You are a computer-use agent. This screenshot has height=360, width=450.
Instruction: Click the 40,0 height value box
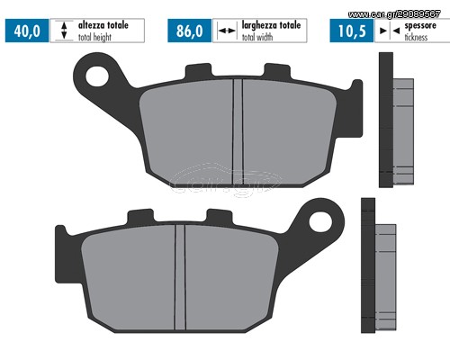click(27, 31)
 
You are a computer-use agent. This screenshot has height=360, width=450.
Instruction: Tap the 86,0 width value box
click(190, 31)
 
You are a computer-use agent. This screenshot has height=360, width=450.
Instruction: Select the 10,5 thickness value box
click(352, 31)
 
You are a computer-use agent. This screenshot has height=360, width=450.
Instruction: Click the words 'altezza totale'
click(103, 25)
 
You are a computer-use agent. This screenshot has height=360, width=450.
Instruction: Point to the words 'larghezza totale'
click(271, 25)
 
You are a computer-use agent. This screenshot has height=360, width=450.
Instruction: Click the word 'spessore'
click(420, 25)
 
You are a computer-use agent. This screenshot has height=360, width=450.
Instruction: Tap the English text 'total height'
click(94, 37)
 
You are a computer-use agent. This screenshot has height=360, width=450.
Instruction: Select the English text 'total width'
click(257, 37)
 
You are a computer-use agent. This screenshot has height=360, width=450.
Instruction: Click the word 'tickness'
click(416, 37)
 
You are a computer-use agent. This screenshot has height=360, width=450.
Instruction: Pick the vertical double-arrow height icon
click(64, 31)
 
